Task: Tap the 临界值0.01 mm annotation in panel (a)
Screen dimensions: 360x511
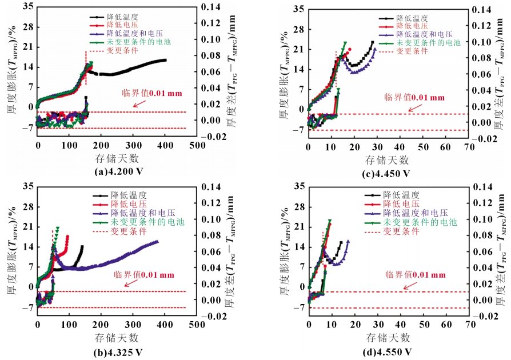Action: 147,93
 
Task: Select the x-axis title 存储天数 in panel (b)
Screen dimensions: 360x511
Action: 115,337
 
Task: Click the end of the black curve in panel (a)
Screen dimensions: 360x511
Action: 165,60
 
